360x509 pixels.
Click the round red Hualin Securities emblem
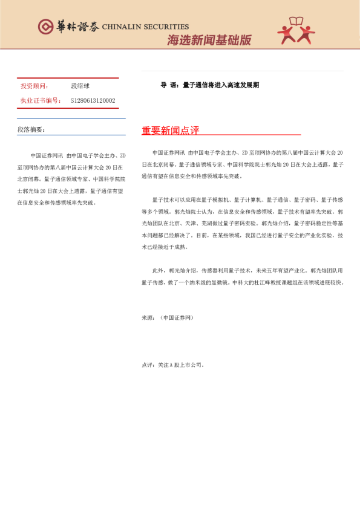coord(45,27)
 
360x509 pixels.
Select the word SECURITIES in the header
coord(167,27)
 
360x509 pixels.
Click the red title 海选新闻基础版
coord(209,41)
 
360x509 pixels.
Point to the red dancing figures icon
coord(296,31)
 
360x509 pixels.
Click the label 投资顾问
coord(34,86)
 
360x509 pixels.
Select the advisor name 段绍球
coord(80,86)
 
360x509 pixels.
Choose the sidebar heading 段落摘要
coord(31,129)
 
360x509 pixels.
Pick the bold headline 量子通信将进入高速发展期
coord(221,85)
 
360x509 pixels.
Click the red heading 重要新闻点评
coord(170,131)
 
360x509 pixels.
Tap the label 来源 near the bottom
coord(148,317)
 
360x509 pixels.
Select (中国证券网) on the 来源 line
coord(177,317)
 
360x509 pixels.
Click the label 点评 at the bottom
coord(148,365)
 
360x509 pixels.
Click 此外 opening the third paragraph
coord(158,271)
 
